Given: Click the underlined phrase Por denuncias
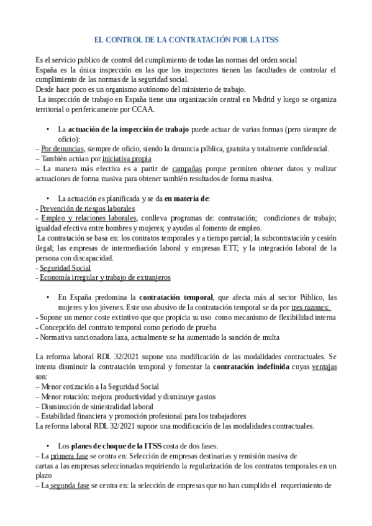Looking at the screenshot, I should click(63, 149).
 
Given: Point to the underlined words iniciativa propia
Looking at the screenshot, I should click(127, 159).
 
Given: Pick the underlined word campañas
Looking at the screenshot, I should click(186, 169).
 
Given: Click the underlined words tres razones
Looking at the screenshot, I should click(310, 307).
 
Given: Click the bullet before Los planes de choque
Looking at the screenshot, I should click(48, 446).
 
